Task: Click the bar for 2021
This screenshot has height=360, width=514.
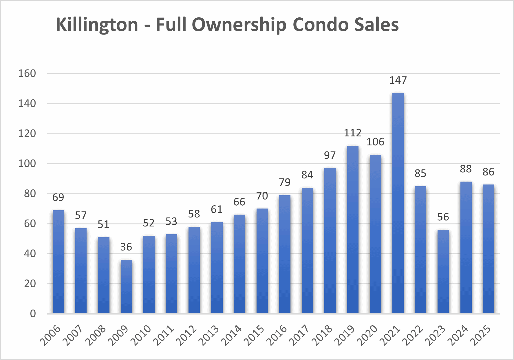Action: coord(398,203)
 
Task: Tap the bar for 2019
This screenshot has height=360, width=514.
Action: coord(353,229)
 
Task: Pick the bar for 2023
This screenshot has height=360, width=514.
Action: coord(443,271)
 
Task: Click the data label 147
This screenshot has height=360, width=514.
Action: coord(398,80)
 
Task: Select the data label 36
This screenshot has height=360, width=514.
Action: coord(126,247)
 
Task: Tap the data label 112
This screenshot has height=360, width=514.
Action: coord(353,133)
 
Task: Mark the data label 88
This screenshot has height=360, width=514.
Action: coord(466,169)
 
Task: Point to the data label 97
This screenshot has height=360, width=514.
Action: coord(330,156)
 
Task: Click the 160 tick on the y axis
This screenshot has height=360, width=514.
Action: coord(27,74)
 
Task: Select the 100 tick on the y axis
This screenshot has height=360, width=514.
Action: coord(27,164)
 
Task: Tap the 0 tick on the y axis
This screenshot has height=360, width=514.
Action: coord(33,313)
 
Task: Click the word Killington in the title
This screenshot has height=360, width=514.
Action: coord(97,25)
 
